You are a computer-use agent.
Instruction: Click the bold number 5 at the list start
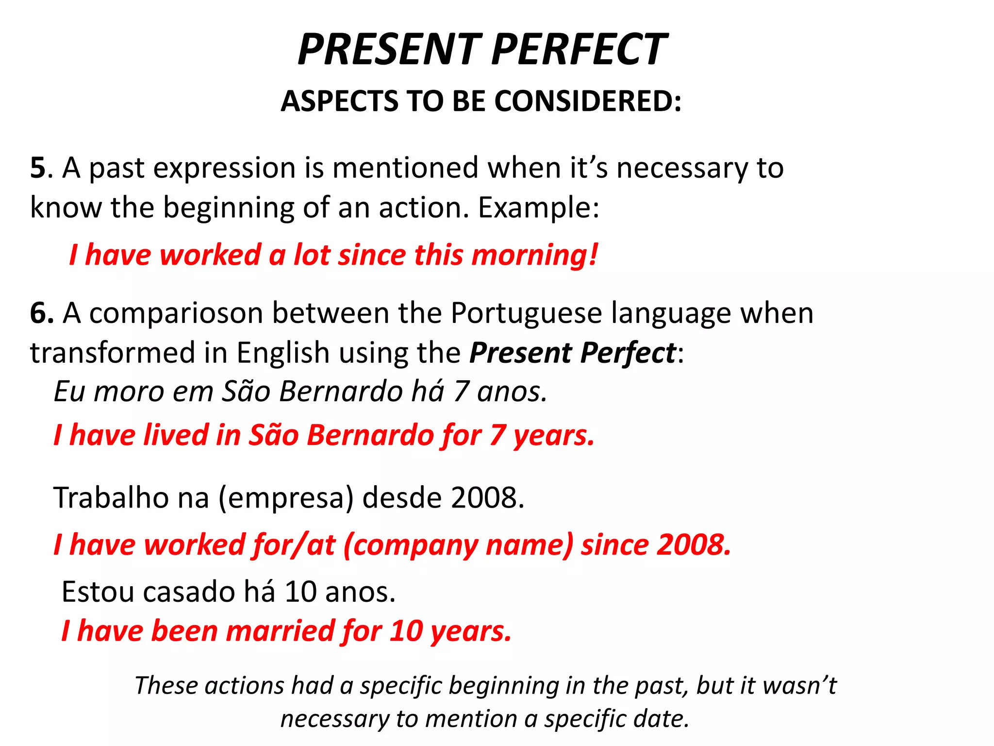tap(38, 168)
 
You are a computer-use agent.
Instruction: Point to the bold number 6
tap(41, 313)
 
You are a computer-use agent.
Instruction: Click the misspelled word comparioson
tap(176, 313)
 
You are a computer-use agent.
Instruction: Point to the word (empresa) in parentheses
tap(286, 498)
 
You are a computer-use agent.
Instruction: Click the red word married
tap(279, 631)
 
